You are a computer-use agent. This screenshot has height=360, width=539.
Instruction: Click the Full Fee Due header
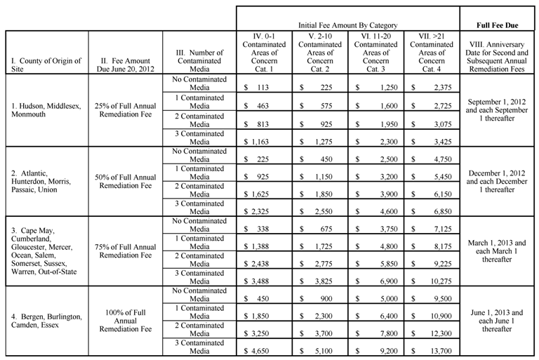point(498,25)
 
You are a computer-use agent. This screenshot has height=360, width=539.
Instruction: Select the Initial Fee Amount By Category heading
point(348,25)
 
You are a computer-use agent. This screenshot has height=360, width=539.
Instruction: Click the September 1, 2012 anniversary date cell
point(498,110)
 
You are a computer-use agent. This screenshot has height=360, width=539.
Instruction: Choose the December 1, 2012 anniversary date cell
point(498,180)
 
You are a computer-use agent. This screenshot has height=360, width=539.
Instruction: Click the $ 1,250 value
point(375,87)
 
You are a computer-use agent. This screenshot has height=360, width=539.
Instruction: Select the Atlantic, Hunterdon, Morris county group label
point(45,180)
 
